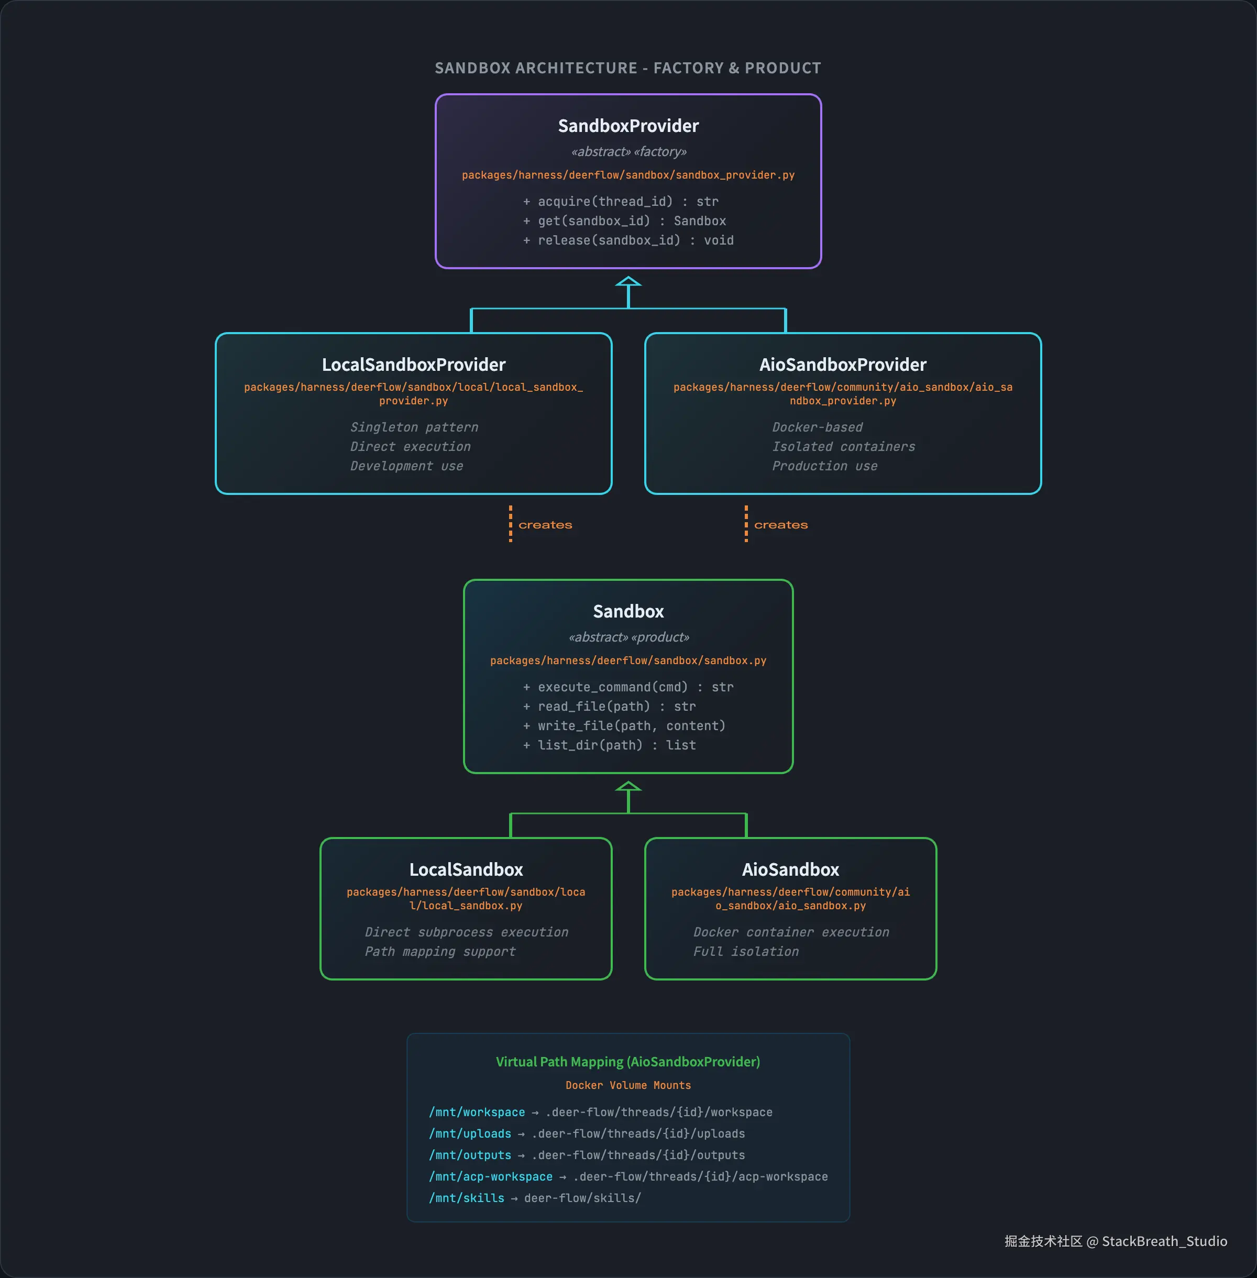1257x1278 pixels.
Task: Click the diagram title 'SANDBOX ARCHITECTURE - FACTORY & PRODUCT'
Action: click(628, 68)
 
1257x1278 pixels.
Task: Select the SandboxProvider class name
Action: click(628, 126)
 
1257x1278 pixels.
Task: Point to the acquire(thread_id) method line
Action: click(621, 201)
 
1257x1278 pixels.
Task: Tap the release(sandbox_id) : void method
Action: click(628, 240)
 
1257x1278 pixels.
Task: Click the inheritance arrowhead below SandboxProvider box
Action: click(628, 282)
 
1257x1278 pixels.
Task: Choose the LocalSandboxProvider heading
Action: click(413, 365)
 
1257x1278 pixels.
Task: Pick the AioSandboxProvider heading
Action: click(842, 365)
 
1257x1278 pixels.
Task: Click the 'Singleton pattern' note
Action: click(414, 427)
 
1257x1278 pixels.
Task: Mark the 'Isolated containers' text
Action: click(843, 447)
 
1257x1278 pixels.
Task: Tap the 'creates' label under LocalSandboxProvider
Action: click(545, 525)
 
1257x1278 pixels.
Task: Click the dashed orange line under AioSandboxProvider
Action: click(746, 523)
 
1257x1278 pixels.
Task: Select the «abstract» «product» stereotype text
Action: click(628, 637)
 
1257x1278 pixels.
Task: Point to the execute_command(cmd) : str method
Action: click(628, 687)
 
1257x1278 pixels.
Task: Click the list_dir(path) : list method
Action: click(609, 745)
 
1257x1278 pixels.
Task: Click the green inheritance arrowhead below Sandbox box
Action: click(628, 787)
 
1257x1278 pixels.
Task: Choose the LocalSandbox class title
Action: click(466, 869)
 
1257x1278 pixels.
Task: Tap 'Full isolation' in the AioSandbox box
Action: click(745, 951)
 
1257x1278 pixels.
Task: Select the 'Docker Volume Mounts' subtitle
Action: click(628, 1085)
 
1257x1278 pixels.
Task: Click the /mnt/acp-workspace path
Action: click(491, 1176)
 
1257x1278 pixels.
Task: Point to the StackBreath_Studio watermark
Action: click(1163, 1241)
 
